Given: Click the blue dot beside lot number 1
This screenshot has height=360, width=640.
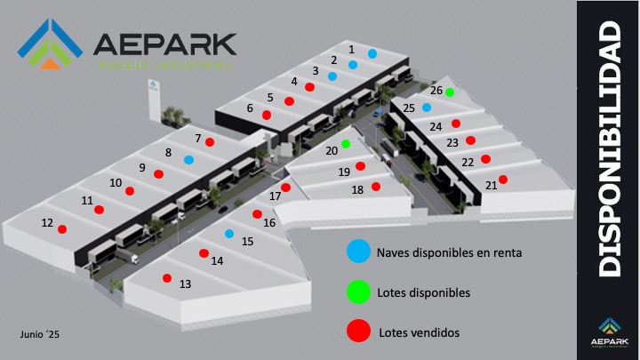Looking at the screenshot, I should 372,54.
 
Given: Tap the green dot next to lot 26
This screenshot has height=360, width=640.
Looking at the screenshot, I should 450,92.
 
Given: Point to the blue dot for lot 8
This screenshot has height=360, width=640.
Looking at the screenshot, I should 188,160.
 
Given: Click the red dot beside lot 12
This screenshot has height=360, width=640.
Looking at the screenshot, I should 62,229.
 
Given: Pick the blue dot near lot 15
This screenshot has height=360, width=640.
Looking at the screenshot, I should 228,234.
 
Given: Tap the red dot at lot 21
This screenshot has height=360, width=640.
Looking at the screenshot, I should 503,180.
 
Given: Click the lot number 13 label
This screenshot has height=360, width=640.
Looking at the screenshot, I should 185,285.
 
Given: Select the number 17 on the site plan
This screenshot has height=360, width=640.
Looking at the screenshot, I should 275,196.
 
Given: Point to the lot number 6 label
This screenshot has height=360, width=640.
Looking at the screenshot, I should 250,108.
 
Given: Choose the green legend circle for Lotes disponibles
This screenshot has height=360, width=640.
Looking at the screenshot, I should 357,292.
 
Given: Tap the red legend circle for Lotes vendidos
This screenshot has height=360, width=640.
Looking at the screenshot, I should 357,332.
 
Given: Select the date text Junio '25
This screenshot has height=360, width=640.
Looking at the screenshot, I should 40,333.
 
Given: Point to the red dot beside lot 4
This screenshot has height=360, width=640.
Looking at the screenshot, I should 309,86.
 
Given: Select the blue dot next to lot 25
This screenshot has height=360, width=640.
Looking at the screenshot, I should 427,108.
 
